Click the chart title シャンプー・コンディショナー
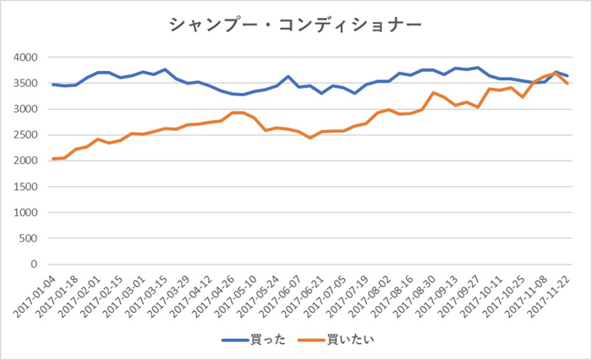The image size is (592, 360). [x=295, y=25]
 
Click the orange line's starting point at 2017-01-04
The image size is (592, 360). [x=53, y=159]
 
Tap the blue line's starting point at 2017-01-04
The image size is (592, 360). [x=53, y=85]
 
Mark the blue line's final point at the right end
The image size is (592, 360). [x=567, y=76]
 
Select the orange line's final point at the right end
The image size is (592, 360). [x=567, y=83]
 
